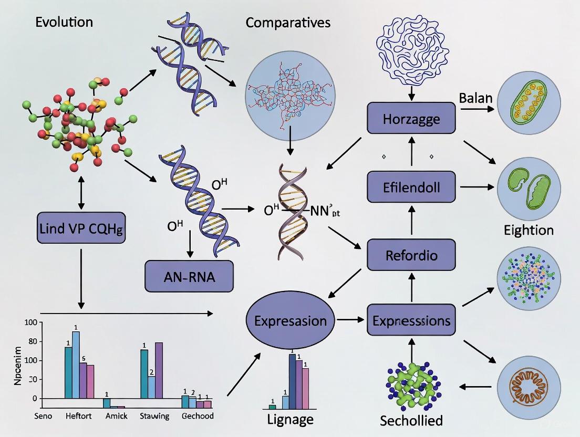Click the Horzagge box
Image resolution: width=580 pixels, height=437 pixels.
click(411, 119)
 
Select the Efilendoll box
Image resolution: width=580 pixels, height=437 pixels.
click(411, 188)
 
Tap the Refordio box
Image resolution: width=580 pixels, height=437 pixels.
click(411, 256)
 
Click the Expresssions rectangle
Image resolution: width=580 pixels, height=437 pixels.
click(411, 319)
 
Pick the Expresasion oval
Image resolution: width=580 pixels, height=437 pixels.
click(291, 320)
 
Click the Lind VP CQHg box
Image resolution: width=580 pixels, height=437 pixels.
click(81, 228)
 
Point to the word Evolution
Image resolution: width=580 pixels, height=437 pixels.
click(65, 22)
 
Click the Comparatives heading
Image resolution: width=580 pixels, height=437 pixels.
click(288, 23)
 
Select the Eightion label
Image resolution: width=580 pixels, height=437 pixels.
click(529, 230)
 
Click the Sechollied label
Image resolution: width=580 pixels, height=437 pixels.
click(411, 420)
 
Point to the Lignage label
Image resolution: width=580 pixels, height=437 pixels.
click(290, 419)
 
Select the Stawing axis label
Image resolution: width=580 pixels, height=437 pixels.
click(154, 416)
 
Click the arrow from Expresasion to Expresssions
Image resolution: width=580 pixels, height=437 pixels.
click(351, 319)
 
